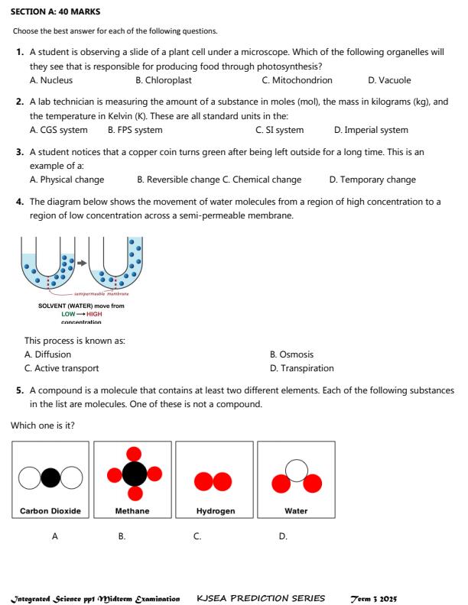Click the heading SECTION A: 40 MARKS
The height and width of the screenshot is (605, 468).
click(x=56, y=12)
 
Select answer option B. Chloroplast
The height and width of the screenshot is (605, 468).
click(x=163, y=79)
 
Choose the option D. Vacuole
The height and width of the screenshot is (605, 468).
click(x=389, y=79)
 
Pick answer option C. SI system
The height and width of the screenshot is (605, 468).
click(x=279, y=130)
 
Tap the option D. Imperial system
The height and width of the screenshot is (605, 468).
click(x=371, y=130)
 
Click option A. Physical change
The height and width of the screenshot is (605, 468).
click(x=67, y=180)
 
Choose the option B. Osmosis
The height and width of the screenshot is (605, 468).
click(x=291, y=354)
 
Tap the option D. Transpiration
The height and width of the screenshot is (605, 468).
click(x=302, y=368)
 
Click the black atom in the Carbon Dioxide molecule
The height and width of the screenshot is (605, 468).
click(x=50, y=477)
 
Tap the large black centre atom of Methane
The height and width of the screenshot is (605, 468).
click(x=135, y=475)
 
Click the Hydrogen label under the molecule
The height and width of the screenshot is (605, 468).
click(x=215, y=510)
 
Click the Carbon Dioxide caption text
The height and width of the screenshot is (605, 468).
click(x=50, y=510)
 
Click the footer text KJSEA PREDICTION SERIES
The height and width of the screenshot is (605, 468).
click(x=261, y=597)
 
